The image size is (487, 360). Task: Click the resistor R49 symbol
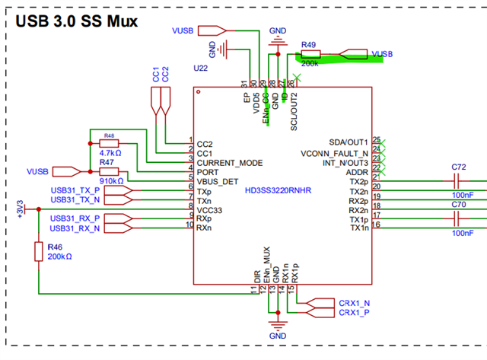(310, 54)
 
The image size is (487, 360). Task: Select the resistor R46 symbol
(38, 251)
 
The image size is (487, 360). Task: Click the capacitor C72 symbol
(458, 182)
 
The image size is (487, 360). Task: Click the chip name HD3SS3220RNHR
(280, 191)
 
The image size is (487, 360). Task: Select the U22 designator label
(201, 68)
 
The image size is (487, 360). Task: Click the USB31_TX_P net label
(75, 190)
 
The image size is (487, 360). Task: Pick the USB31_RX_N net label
(75, 228)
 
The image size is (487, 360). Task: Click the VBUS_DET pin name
(219, 181)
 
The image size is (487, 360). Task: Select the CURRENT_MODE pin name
(230, 162)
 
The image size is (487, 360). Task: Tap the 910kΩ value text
(111, 181)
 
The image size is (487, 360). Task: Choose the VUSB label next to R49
(382, 54)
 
